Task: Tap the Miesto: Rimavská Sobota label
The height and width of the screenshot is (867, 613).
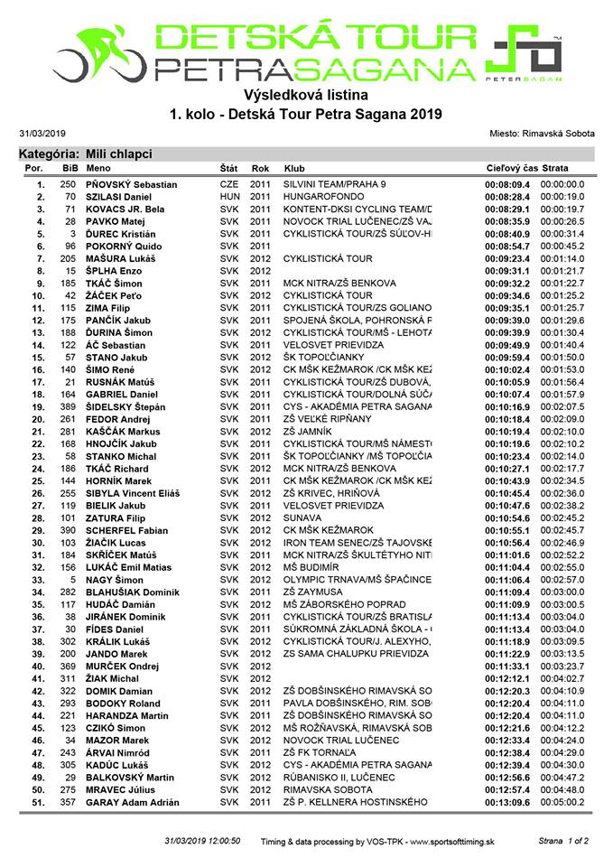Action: coord(541,133)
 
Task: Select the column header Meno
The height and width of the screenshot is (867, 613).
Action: coord(99,169)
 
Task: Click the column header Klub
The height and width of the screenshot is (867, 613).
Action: coord(293,169)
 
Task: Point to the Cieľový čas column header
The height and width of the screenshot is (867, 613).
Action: coord(512,169)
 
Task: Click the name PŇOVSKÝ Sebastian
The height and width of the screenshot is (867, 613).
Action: coord(131,185)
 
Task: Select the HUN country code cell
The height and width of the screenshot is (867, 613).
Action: coord(229,197)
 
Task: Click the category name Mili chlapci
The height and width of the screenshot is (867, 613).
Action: coord(119,154)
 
